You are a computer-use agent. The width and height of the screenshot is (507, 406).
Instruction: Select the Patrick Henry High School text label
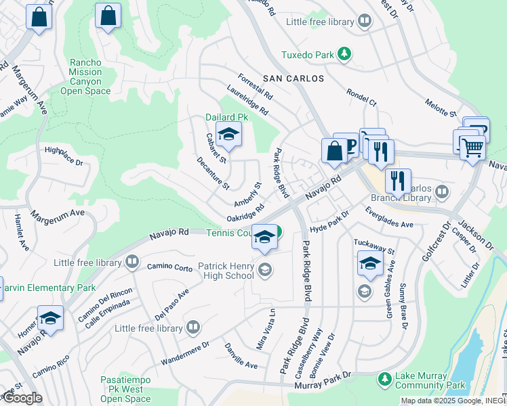tap(226, 271)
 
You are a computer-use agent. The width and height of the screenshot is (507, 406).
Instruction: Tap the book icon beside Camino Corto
tap(132, 261)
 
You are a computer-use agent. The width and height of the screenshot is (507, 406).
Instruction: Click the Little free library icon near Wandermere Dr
tap(193, 328)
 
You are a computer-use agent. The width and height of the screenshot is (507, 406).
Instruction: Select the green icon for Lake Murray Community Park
tap(385, 378)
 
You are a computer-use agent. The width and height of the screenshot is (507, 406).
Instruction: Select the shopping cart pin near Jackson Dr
tap(472, 147)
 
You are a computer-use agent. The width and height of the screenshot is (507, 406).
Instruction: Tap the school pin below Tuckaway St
tap(370, 264)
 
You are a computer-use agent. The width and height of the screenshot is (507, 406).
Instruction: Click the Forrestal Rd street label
tap(255, 87)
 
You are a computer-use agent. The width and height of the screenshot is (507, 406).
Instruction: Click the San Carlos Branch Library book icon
tap(442, 192)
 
